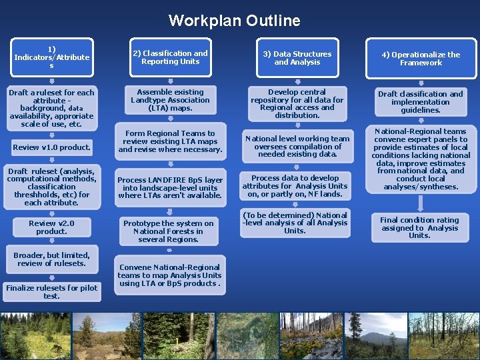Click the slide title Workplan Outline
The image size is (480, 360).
tap(234, 21)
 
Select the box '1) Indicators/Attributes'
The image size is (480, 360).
tap(51, 57)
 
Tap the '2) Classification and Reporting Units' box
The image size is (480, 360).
tap(170, 57)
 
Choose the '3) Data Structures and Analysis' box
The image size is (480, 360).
tap(297, 58)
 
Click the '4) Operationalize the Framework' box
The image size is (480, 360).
tap(421, 59)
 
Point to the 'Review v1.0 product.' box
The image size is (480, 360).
tap(51, 147)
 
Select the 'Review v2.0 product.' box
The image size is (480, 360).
tap(51, 227)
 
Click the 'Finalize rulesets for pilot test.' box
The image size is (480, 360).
tap(51, 291)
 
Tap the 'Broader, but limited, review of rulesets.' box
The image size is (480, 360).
tap(51, 259)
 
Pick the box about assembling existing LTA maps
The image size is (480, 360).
tap(170, 100)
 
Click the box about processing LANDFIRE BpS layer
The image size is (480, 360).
tap(170, 188)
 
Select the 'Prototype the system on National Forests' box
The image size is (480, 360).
tap(170, 231)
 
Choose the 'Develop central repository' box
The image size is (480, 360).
tap(297, 103)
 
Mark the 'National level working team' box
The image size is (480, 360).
tap(297, 147)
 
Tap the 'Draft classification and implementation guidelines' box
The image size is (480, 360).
tap(421, 102)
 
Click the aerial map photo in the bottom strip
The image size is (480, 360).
tap(247, 336)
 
